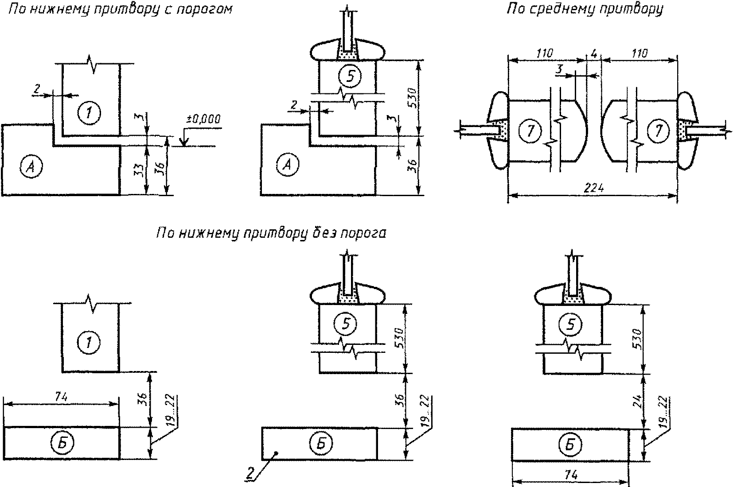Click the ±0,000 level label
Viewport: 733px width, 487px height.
click(203, 120)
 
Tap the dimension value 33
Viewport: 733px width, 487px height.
click(140, 170)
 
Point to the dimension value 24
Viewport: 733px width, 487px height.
click(637, 402)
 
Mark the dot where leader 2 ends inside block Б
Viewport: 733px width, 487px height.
click(277, 453)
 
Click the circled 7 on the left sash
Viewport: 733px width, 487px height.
click(530, 131)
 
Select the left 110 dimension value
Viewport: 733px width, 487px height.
click(545, 53)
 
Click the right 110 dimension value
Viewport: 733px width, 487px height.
click(639, 53)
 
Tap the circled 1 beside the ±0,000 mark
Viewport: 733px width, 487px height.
click(89, 113)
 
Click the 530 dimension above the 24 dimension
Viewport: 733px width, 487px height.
click(637, 339)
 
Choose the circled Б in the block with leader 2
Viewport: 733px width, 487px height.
click(321, 443)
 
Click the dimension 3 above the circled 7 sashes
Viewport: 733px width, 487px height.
click(560, 69)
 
